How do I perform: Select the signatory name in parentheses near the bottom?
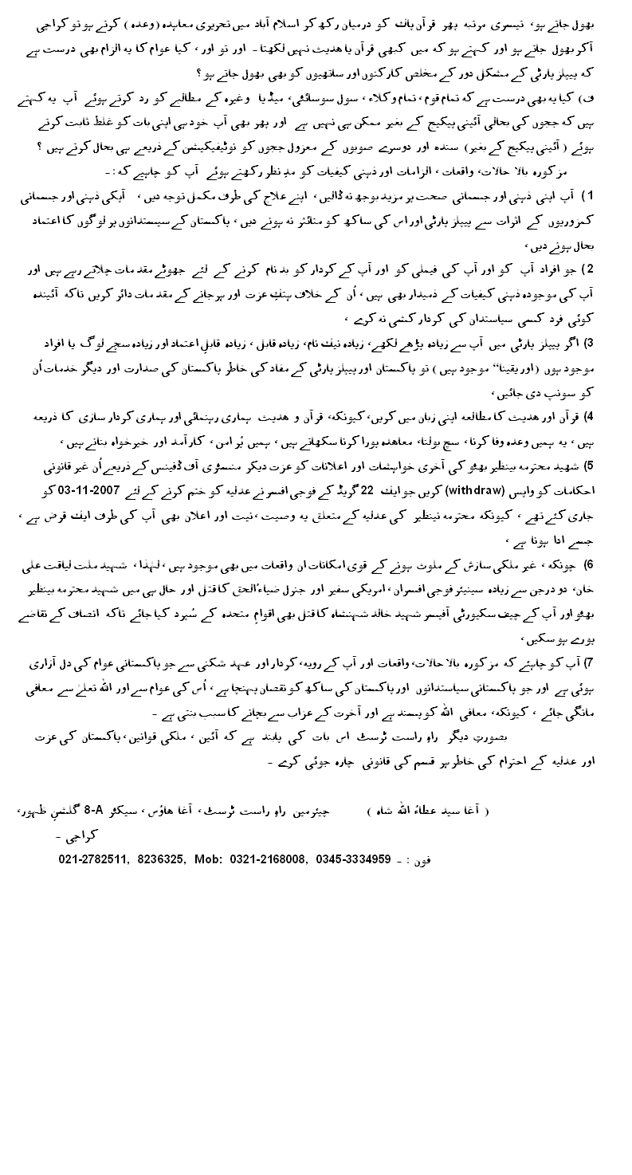[x=430, y=811]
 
